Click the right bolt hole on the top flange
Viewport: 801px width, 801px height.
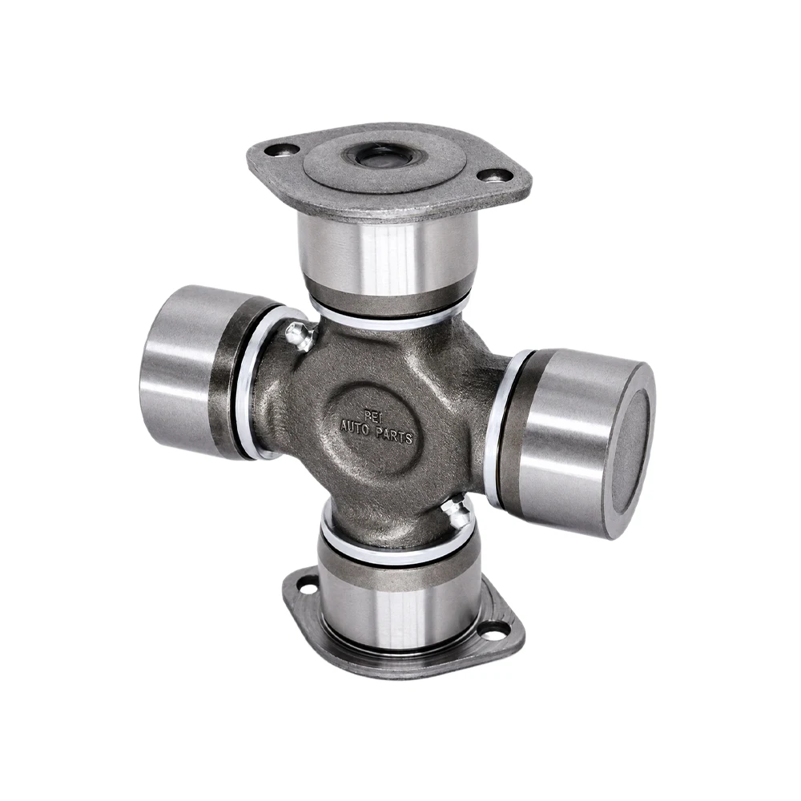pyautogui.click(x=490, y=175)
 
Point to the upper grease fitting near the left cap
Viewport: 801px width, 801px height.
pyautogui.click(x=299, y=336)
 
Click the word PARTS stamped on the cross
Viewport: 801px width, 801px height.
pyautogui.click(x=394, y=434)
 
